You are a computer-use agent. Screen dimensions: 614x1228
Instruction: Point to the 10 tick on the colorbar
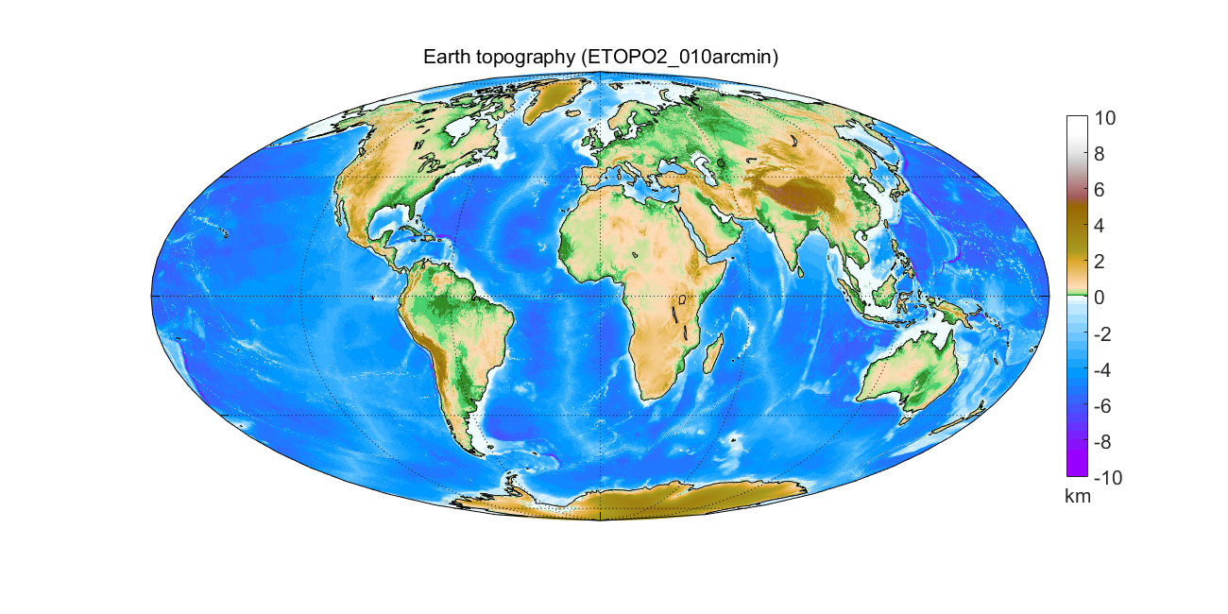click(1105, 118)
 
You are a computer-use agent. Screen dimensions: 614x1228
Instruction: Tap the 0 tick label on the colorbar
click(1101, 297)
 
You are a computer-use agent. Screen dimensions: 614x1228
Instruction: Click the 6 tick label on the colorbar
click(1101, 189)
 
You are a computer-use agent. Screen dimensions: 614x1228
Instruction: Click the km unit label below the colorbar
click(1078, 497)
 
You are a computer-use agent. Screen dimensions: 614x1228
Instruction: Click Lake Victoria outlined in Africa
click(681, 301)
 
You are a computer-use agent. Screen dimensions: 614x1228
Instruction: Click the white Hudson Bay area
click(461, 127)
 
